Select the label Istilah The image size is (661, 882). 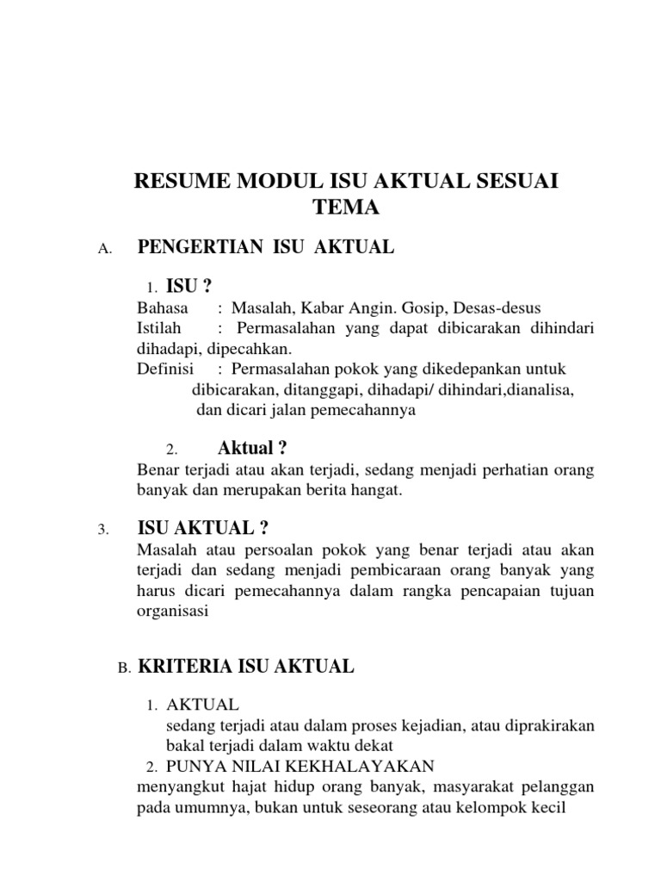point(161,329)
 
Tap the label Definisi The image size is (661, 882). point(164,370)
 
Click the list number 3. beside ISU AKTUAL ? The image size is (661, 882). point(104,530)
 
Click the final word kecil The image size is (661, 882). point(550,807)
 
